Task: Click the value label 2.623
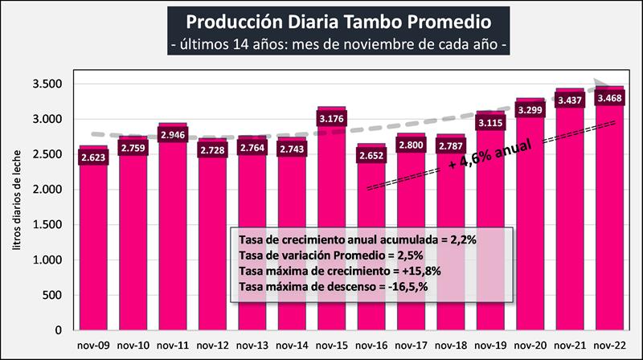pyautogui.click(x=95, y=157)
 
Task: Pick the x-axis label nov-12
pyautogui.click(x=213, y=346)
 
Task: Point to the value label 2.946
pyautogui.click(x=174, y=137)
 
